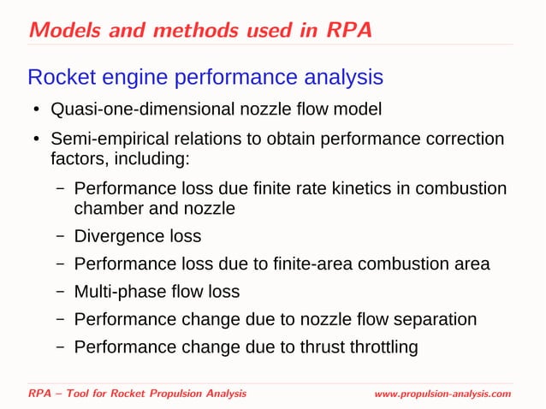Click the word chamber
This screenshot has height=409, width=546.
coord(108,208)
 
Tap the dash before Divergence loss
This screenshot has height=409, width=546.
coord(61,236)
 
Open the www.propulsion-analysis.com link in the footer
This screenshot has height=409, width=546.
coord(442,393)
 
